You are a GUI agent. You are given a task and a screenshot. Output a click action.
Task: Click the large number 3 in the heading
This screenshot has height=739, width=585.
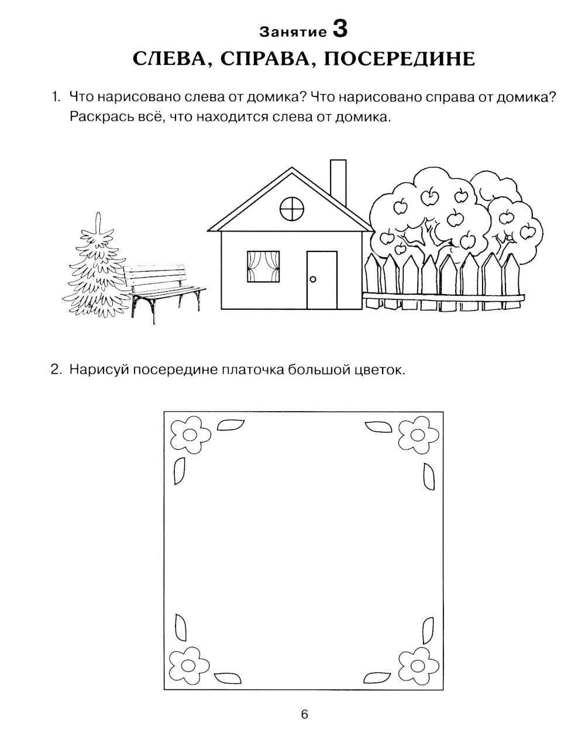coord(340,29)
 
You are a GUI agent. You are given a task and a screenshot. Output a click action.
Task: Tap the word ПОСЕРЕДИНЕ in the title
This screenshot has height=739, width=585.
coord(400,58)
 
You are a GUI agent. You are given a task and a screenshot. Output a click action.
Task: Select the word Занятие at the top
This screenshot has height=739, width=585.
coord(293,32)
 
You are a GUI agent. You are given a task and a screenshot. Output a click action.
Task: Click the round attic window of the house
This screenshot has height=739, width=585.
coord(292,209)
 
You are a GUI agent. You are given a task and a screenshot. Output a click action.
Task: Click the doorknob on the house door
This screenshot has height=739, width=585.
coord(312,279)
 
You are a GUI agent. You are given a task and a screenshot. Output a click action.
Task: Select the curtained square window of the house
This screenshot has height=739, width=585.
coord(263,267)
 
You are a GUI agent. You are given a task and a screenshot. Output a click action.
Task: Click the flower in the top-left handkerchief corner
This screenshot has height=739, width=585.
coord(190,435)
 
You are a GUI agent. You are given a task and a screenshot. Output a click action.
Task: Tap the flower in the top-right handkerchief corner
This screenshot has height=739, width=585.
coord(418,435)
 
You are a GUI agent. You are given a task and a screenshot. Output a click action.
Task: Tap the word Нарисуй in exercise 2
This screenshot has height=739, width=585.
coord(99,370)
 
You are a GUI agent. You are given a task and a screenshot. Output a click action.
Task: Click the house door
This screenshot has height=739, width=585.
coord(322,280)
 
